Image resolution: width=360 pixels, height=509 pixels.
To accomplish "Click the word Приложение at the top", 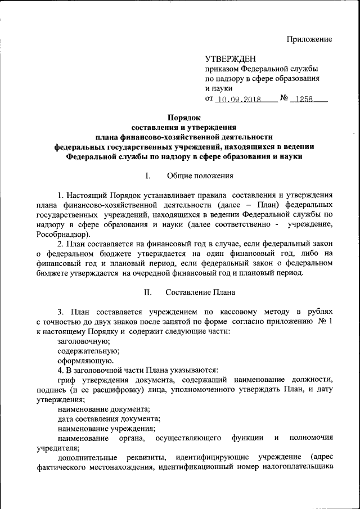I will (x=309, y=39).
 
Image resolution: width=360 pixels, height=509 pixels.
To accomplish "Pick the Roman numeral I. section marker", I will (x=147, y=176).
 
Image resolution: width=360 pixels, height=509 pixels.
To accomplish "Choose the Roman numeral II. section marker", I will (x=149, y=292).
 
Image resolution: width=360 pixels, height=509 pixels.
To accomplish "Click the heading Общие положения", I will (x=200, y=176).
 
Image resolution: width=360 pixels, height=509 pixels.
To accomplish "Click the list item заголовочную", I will (x=84, y=341).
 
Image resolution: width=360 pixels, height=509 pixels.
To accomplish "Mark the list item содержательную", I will (x=87, y=350).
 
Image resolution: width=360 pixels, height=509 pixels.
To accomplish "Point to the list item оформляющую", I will (x=85, y=361).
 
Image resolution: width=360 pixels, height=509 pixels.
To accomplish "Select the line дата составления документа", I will (x=109, y=418).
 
